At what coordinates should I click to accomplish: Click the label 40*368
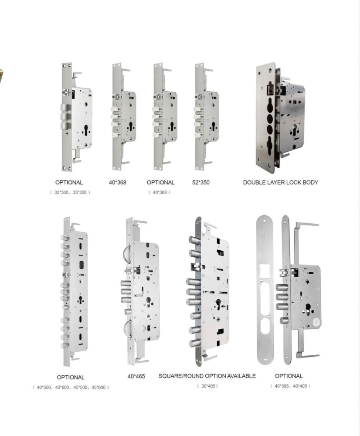pos(117,182)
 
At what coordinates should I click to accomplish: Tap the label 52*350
pos(200,182)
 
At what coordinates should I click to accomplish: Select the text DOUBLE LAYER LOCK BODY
pos(280,182)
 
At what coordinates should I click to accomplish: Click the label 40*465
pos(136,376)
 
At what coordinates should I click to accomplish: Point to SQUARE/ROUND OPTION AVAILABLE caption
pos(207,376)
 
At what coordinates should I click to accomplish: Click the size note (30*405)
pos(207,386)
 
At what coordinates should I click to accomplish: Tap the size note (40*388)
pos(160,192)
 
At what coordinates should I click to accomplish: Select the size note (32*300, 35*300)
pos(70,192)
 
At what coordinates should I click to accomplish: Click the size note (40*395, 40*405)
pos(290,386)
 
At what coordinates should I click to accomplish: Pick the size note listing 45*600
pos(70,388)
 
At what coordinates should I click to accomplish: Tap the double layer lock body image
pos(280,118)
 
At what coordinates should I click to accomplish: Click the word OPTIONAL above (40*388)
pos(160,182)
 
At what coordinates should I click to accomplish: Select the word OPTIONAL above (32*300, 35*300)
pos(69,182)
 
